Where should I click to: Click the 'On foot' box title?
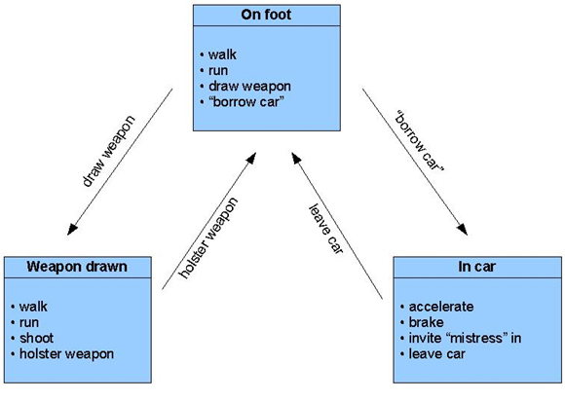pos(268,16)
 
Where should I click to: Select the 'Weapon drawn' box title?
pos(77,267)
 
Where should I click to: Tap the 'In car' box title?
pos(472,267)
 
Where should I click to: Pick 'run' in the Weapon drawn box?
pos(29,321)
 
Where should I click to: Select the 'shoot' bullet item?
pos(35,337)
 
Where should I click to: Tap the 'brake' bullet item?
pos(427,321)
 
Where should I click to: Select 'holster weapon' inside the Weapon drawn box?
pos(65,352)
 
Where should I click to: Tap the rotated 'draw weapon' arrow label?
pos(108,153)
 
